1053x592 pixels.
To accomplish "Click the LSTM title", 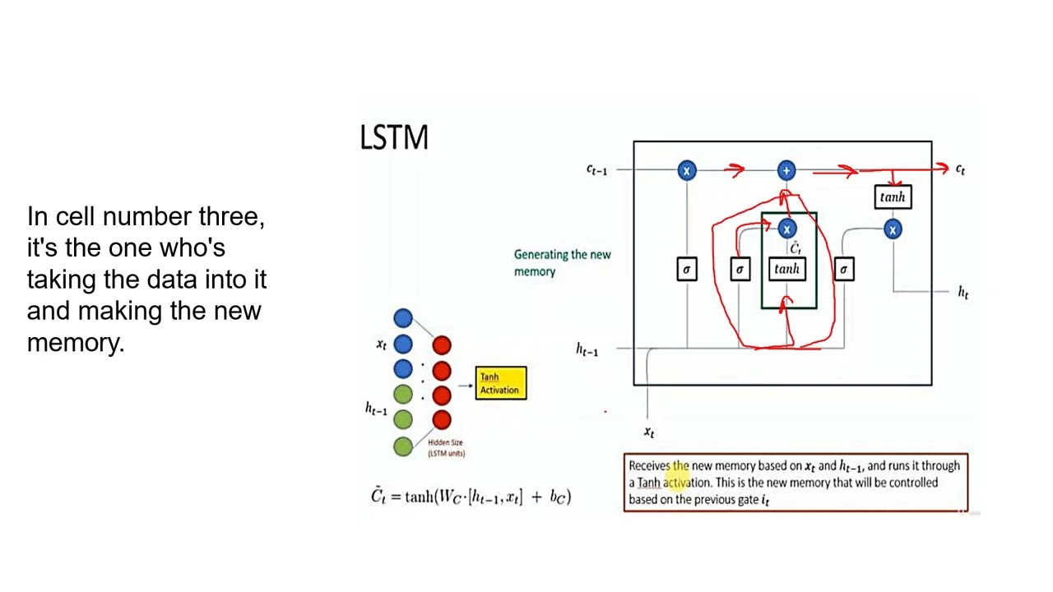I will [394, 137].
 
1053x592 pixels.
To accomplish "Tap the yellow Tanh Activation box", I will [500, 383].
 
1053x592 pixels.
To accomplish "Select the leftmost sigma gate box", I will [686, 269].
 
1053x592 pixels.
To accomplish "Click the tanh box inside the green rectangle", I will [786, 269].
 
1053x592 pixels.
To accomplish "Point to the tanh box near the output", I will [892, 197].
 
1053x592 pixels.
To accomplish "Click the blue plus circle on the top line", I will [786, 170].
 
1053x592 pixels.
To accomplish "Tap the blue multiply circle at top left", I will [687, 170].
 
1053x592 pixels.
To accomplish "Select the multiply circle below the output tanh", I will [893, 230].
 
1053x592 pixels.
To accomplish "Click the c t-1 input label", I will [596, 169].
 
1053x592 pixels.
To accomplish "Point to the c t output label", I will [960, 169].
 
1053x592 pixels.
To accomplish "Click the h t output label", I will [963, 292].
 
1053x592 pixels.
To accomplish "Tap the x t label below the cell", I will [649, 432].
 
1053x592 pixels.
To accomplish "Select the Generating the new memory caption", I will [562, 263].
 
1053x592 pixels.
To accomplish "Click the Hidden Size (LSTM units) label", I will [446, 448].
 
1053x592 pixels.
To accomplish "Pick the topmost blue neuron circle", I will [402, 318].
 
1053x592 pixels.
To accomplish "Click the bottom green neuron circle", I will [402, 446].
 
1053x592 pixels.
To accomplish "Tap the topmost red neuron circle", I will [442, 345].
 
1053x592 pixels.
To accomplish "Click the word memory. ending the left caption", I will [75, 343].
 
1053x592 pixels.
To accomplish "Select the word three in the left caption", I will [231, 217].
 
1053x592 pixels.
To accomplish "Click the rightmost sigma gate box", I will [843, 269].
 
